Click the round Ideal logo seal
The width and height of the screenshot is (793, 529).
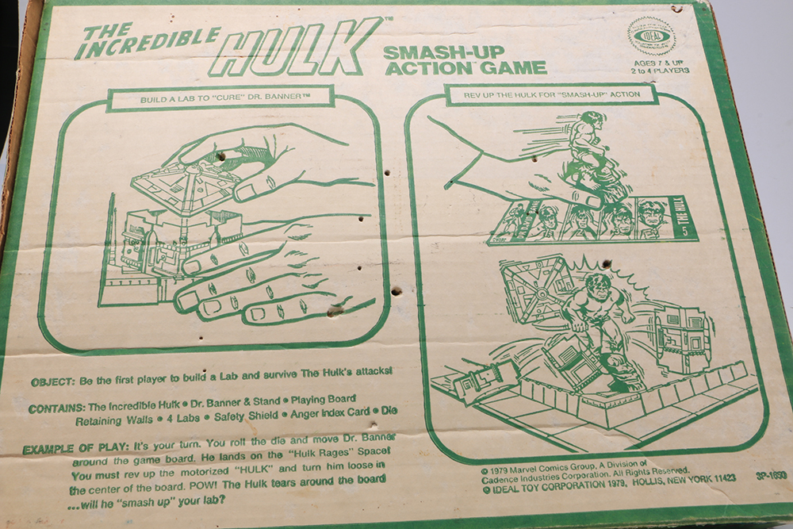[x=651, y=36]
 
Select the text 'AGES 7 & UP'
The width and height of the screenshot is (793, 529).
[x=657, y=62]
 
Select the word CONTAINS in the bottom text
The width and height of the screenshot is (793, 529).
[x=55, y=409]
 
